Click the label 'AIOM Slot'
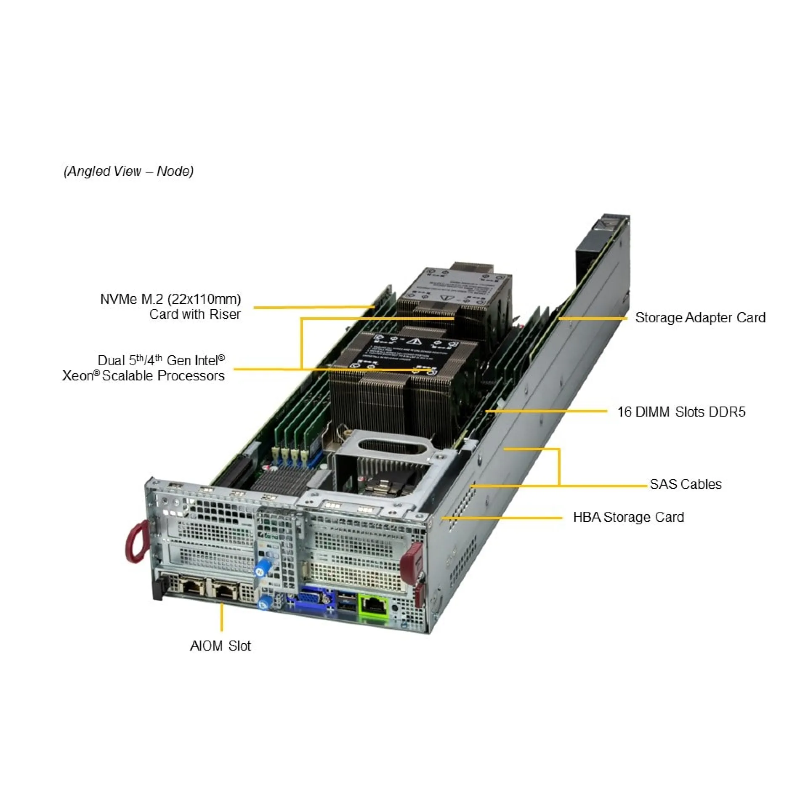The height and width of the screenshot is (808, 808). (x=220, y=646)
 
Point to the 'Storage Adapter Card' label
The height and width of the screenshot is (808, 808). (x=700, y=318)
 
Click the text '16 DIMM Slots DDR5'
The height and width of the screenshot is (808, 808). (x=681, y=412)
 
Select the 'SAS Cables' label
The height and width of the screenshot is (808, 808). (x=686, y=484)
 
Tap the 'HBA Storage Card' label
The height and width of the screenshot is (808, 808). (x=628, y=517)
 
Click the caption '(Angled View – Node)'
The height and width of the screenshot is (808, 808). (x=128, y=171)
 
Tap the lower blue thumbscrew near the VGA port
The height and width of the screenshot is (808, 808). (x=265, y=602)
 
